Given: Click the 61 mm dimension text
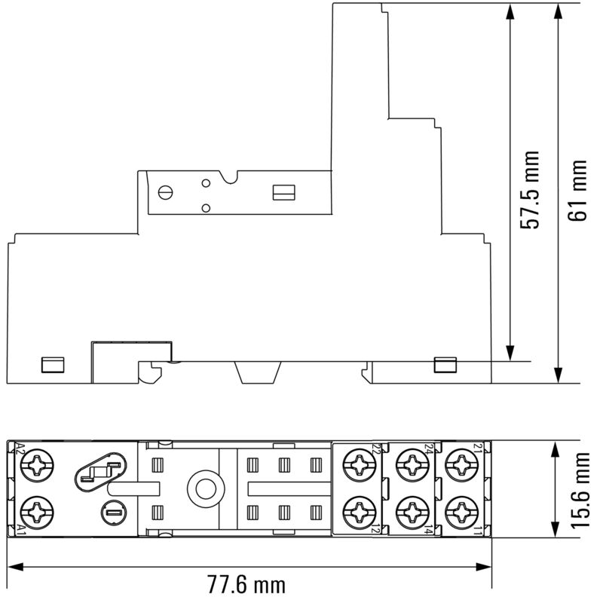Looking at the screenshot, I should click(x=577, y=191).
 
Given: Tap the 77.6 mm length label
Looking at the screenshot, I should click(x=246, y=584).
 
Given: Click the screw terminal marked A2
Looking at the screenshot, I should click(x=36, y=467).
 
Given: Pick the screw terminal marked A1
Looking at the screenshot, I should click(x=36, y=513).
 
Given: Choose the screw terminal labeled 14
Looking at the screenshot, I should click(x=411, y=513).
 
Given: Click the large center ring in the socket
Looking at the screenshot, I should click(x=203, y=489).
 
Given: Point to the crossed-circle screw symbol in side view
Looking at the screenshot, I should click(x=167, y=191).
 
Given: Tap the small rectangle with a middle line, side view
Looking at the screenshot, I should click(x=283, y=192).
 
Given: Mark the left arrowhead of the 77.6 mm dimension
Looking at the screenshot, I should click(x=14, y=565).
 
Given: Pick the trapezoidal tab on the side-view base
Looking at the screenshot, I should click(x=259, y=372).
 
